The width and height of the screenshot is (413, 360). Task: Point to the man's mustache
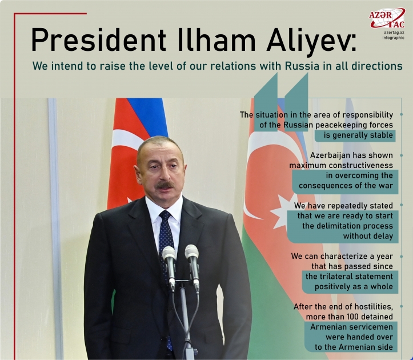(165, 186)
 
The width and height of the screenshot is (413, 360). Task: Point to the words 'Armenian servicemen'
(346, 327)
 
